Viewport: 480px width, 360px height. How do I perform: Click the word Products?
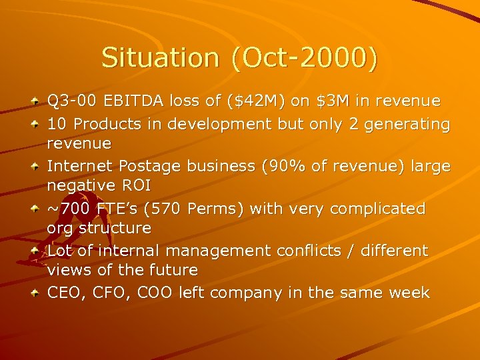[107, 124]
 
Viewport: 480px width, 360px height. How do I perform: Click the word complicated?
[378, 209]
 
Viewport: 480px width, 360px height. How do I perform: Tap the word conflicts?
[310, 251]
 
